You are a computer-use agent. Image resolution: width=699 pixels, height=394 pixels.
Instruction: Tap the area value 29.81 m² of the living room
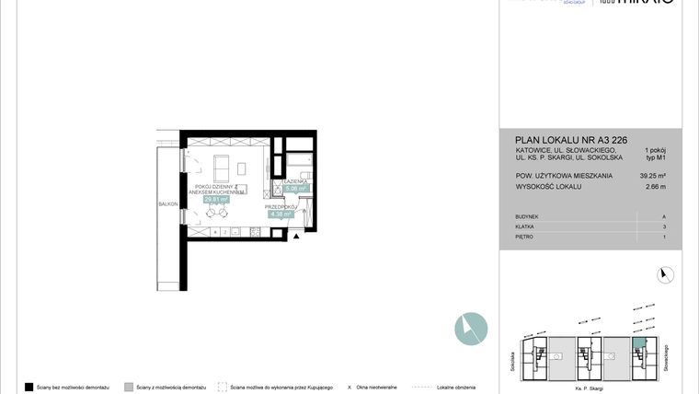pyautogui.click(x=217, y=198)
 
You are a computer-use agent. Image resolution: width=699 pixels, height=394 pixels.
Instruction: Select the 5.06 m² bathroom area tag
pyautogui.click(x=295, y=189)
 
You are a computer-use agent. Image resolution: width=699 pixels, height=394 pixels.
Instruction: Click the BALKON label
pyautogui.click(x=166, y=203)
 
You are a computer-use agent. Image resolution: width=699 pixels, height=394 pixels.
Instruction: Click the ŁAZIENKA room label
pyautogui.click(x=296, y=182)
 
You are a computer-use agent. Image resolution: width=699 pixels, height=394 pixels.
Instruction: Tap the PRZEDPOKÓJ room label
pyautogui.click(x=280, y=207)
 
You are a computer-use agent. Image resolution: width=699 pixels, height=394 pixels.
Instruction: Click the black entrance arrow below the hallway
pyautogui.click(x=296, y=238)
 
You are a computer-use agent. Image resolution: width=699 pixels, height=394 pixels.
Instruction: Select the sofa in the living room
pyautogui.click(x=223, y=168)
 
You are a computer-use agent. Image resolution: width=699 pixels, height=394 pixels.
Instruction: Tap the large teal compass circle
pyautogui.click(x=471, y=328)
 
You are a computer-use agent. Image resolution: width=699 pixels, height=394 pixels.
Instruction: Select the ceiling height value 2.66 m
pyautogui.click(x=656, y=186)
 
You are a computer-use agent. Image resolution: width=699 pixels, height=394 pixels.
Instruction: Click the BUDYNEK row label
pyautogui.click(x=528, y=215)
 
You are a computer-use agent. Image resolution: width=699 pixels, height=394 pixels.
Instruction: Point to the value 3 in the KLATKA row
pyautogui.click(x=664, y=226)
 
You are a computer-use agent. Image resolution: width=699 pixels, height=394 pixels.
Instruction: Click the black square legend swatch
pyautogui.click(x=29, y=387)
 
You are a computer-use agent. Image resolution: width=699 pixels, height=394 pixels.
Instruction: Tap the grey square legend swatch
pyautogui.click(x=129, y=387)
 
